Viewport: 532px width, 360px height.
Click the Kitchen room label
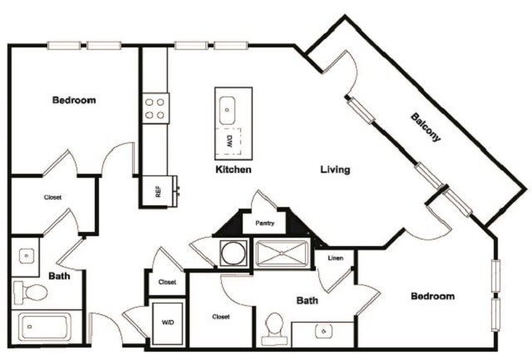[x=234, y=170]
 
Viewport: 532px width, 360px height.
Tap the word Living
[x=336, y=170]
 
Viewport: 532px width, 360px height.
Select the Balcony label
[x=426, y=128]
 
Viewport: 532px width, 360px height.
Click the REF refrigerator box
[x=158, y=190]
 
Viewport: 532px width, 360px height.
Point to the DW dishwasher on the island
[x=229, y=142]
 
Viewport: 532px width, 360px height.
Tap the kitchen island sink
[x=227, y=107]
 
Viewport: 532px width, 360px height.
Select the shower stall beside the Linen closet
[x=282, y=253]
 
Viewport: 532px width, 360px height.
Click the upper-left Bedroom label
[x=74, y=100]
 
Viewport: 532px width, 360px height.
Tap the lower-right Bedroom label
[x=432, y=296]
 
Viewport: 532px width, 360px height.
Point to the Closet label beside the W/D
[x=220, y=317]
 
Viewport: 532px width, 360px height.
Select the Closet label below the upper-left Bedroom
[x=52, y=198]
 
